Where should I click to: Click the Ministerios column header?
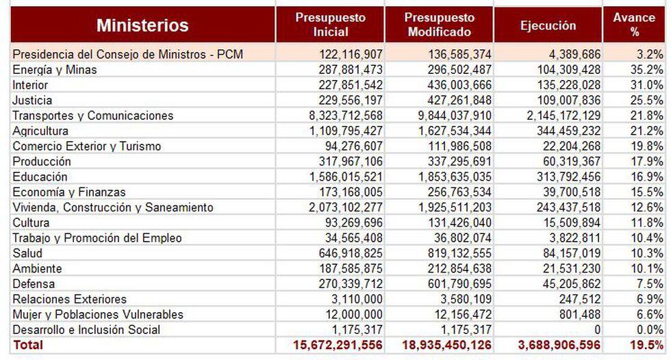(142, 25)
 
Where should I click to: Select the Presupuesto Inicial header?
(330, 25)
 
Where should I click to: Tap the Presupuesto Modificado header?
(439, 25)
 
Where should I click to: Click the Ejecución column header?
(548, 25)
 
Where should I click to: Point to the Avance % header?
(634, 25)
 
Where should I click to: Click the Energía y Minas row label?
(55, 70)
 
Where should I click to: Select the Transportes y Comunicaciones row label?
(93, 116)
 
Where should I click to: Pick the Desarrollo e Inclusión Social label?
(86, 329)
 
